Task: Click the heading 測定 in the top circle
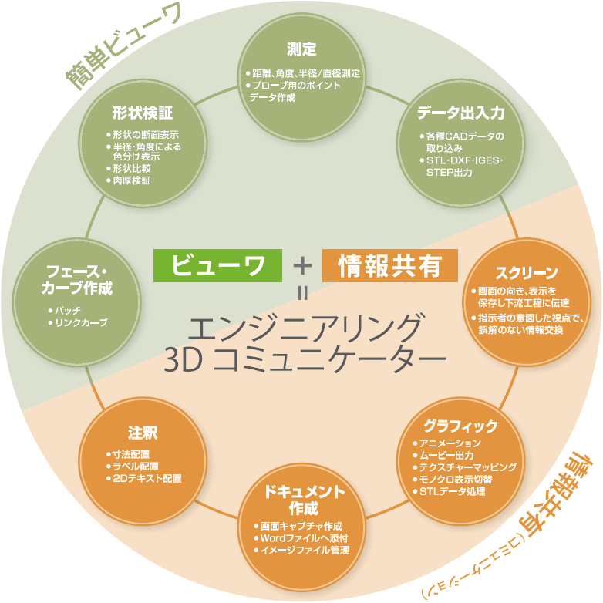click(301, 50)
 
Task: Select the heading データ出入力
click(461, 113)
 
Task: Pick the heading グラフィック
click(460, 426)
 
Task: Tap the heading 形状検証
click(142, 113)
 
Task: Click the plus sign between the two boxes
click(302, 266)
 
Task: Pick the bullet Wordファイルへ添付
click(305, 537)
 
